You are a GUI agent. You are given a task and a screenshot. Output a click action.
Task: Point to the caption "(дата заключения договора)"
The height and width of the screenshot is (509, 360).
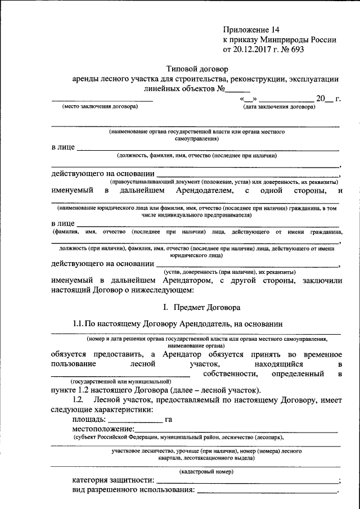click(279, 106)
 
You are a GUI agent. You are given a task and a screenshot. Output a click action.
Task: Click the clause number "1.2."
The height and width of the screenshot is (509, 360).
click(79, 399)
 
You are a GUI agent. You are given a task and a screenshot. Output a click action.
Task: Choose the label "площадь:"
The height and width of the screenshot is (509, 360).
click(89, 419)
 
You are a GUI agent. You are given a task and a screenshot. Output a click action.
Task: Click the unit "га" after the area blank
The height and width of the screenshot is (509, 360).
click(169, 419)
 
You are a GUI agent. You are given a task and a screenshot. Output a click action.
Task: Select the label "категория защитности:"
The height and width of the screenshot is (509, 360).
click(113, 480)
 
